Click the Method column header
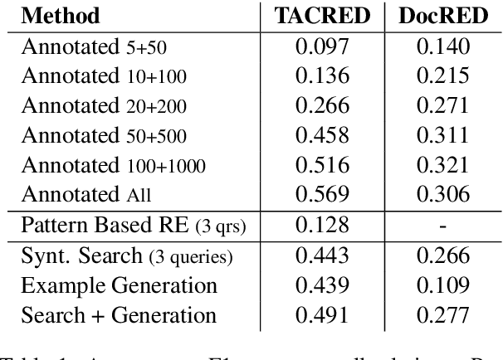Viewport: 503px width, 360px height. point(61,16)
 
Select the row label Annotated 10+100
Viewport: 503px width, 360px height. point(104,76)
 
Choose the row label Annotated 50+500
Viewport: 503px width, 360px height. point(104,135)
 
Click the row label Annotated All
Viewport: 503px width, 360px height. point(87,195)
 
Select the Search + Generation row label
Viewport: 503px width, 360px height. point(119,316)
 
